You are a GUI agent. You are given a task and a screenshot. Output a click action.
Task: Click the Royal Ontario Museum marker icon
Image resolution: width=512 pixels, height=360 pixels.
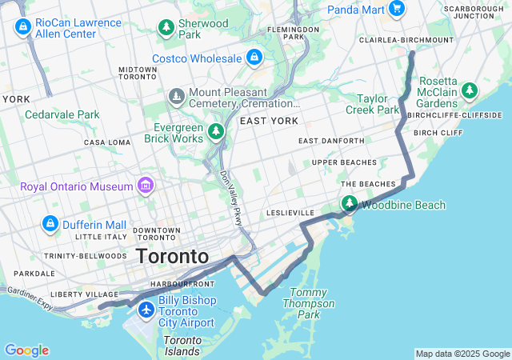click(145, 186)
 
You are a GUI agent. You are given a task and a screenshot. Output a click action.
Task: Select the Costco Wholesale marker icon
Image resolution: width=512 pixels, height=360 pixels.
click(254, 58)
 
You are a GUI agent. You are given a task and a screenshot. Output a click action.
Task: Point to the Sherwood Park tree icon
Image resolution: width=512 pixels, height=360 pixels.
click(166, 28)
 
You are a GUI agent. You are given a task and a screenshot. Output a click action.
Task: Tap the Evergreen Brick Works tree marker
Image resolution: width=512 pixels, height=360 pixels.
click(215, 131)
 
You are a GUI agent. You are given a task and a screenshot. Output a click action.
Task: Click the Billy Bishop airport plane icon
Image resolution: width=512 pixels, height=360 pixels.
click(146, 310)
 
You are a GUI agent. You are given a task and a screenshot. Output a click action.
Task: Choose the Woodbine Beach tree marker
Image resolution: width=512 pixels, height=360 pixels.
click(350, 205)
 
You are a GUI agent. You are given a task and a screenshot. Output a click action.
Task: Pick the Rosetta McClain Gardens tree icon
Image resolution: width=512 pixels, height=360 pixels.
click(469, 90)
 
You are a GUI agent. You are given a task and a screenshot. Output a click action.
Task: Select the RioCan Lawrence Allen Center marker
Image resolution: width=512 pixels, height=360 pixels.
click(22, 28)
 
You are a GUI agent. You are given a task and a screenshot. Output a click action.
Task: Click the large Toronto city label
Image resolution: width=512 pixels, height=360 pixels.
click(172, 257)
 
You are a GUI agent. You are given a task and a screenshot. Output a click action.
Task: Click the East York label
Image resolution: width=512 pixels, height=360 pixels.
click(269, 121)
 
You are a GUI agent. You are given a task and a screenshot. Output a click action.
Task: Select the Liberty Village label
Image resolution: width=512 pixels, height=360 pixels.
click(78, 294)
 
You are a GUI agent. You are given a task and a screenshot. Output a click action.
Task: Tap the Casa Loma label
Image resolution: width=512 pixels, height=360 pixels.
click(106, 142)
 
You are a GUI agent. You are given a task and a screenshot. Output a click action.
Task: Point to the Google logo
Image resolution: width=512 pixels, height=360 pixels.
click(26, 350)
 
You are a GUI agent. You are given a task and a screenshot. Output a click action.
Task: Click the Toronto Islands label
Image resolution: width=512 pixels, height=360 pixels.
click(182, 346)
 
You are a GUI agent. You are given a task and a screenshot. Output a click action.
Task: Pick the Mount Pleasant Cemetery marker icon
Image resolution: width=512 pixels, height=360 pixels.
click(176, 97)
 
